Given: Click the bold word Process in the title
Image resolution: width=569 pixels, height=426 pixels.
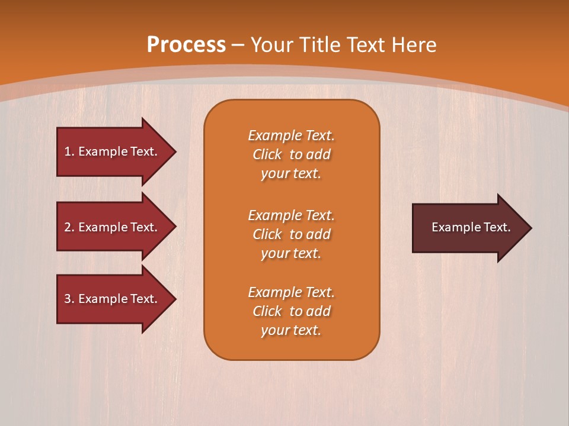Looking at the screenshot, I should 186,45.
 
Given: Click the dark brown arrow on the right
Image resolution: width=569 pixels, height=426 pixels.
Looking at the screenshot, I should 468,228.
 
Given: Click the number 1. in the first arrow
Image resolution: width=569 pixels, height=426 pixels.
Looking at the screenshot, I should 69,151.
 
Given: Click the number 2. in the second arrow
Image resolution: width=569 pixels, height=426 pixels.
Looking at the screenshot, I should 69,227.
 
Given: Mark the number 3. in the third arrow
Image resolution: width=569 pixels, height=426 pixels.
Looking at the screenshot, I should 69,299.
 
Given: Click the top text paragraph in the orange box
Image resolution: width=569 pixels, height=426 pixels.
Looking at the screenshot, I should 291,154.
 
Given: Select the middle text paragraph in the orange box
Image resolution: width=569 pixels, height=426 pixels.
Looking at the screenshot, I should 291,234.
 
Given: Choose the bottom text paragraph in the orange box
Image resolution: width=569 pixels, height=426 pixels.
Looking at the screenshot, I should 291,311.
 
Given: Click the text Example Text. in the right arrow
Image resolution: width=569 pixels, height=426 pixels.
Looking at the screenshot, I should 471,227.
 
